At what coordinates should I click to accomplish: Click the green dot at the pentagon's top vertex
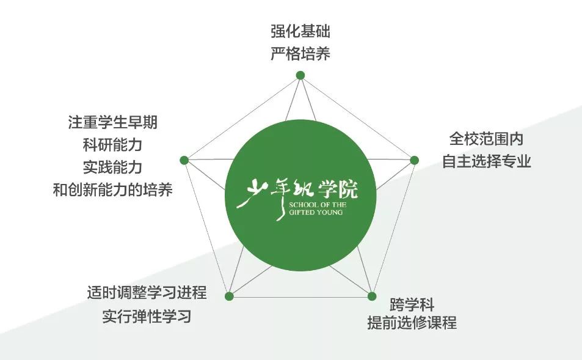[x=300, y=75]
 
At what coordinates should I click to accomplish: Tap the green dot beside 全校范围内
[x=414, y=160]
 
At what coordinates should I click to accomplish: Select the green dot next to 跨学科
[x=372, y=296]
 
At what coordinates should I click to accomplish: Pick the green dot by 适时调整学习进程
[x=229, y=296]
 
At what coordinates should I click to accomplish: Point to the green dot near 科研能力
[x=184, y=160]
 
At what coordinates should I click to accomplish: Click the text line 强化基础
[x=300, y=31]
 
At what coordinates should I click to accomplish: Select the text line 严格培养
[x=300, y=54]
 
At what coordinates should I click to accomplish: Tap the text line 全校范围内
[x=486, y=139]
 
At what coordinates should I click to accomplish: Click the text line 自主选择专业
[x=486, y=161]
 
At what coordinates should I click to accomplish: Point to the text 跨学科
[x=412, y=304]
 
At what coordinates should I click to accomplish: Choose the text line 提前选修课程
[x=412, y=323]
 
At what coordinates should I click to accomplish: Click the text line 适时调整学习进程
[x=147, y=292]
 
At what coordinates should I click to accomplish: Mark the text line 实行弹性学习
[x=147, y=316]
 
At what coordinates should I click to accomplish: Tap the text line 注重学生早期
[x=113, y=122]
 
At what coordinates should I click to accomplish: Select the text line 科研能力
[x=113, y=144]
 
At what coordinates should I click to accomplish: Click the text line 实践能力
[x=113, y=167]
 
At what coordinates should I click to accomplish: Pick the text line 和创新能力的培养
[x=113, y=190]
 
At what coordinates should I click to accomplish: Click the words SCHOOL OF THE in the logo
[x=318, y=205]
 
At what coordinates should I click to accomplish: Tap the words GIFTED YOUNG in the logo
[x=316, y=213]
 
